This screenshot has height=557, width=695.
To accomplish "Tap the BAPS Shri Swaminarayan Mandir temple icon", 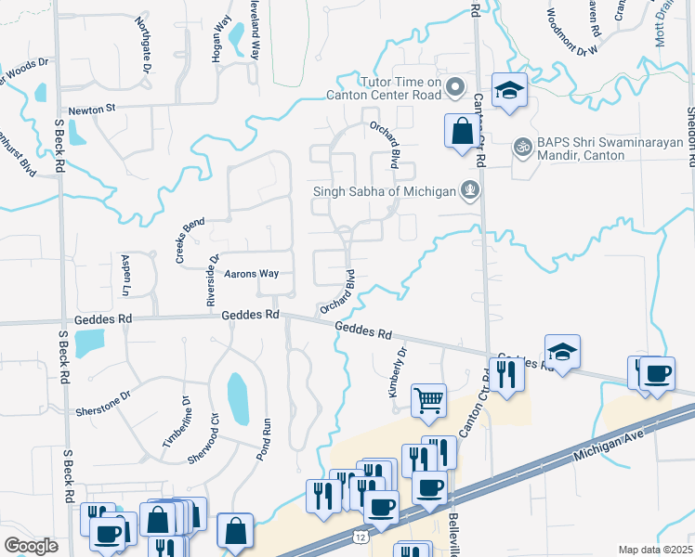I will [523, 147].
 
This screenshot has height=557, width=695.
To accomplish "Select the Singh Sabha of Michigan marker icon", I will [471, 191].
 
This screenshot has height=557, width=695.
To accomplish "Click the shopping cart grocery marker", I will [428, 401].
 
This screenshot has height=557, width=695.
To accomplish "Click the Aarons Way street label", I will [252, 274].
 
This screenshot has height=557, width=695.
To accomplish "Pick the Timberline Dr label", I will [177, 423].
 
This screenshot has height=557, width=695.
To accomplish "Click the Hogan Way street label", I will [220, 40].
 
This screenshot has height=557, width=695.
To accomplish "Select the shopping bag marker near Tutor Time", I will [462, 132].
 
